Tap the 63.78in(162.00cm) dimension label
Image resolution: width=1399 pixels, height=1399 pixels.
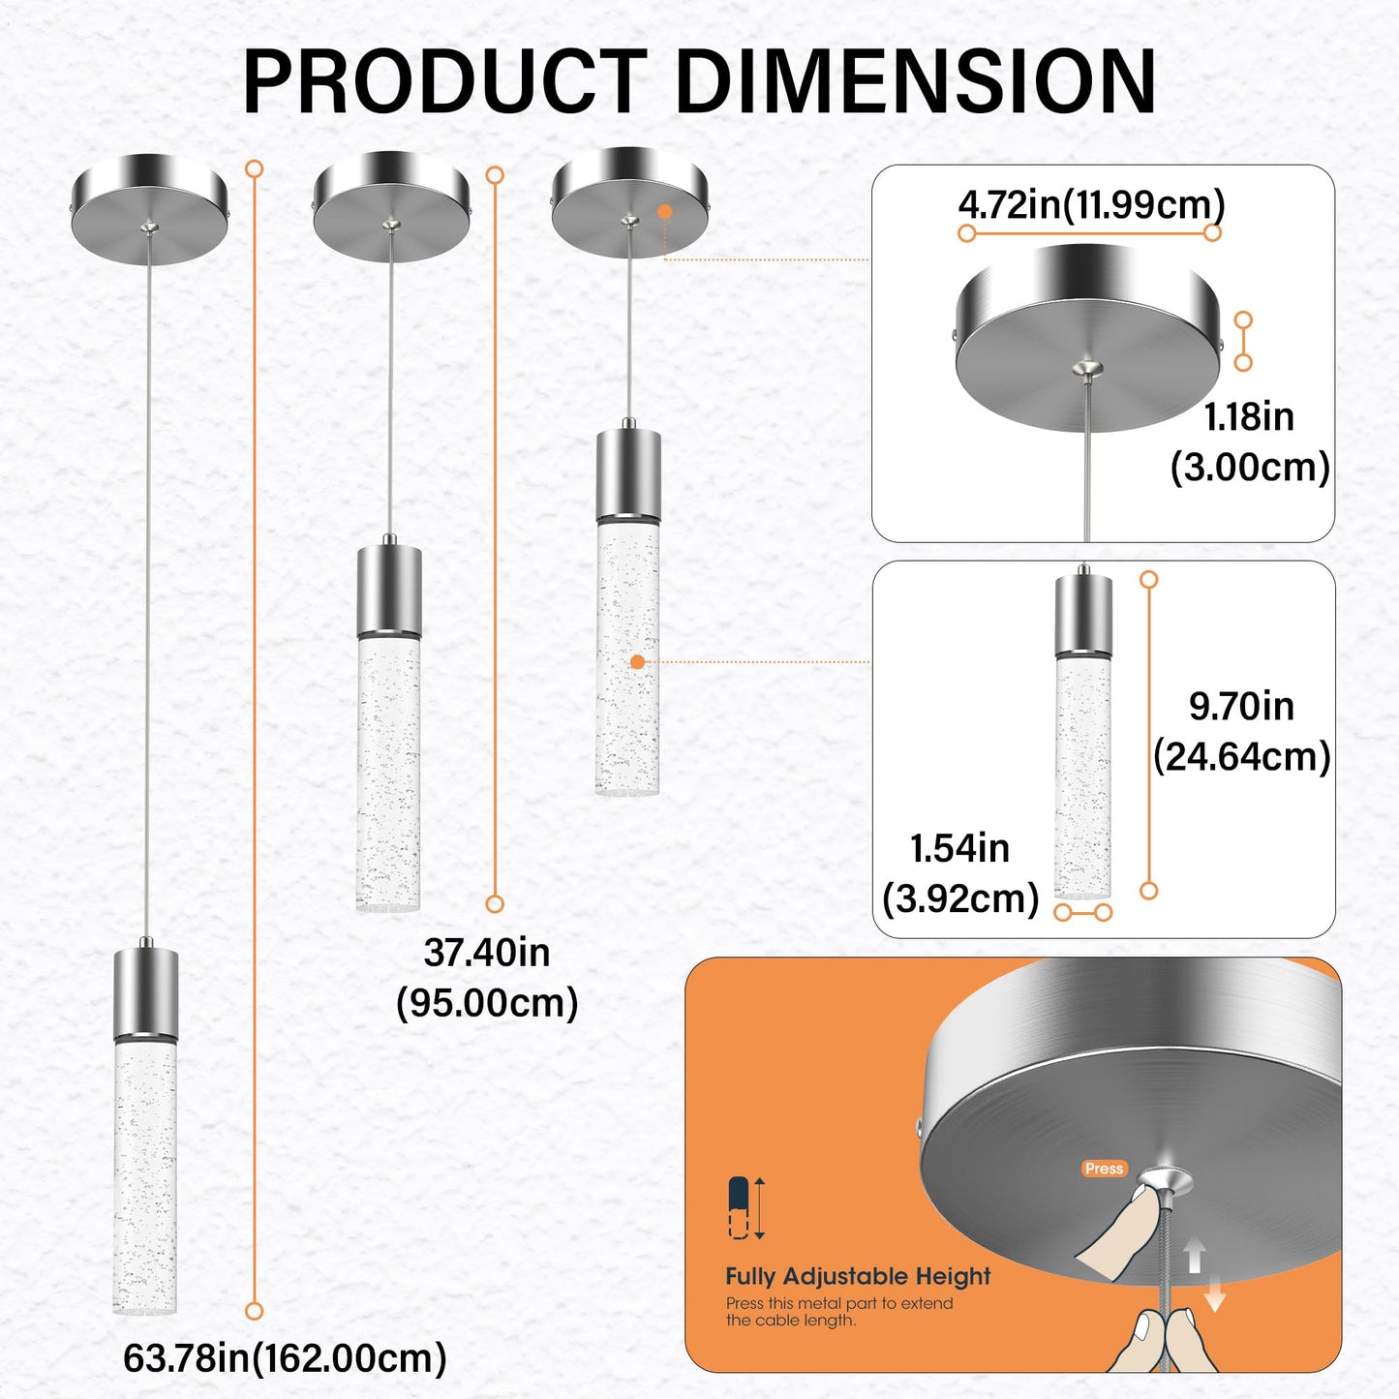(x=285, y=1357)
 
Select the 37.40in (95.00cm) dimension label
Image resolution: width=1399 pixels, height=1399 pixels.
(x=487, y=977)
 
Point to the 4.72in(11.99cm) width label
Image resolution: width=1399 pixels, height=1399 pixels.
(x=1091, y=205)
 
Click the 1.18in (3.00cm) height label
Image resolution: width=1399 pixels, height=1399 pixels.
(x=1249, y=441)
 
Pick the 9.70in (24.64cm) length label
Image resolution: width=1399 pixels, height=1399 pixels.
(x=1241, y=731)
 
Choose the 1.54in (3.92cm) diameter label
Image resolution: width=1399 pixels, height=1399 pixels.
(x=959, y=873)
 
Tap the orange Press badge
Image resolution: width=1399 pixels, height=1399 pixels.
(x=1104, y=1169)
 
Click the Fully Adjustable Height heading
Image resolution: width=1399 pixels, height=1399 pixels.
(x=858, y=1276)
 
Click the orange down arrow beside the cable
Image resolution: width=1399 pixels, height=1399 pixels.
(x=1215, y=1295)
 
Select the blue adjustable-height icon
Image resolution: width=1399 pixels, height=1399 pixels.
(x=739, y=1207)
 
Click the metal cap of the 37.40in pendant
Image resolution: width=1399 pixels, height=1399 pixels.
(x=389, y=590)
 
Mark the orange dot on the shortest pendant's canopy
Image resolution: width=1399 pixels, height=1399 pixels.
(x=664, y=211)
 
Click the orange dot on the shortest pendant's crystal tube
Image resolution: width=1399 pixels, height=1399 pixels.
(x=637, y=662)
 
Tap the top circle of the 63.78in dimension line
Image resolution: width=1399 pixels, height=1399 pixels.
(x=255, y=169)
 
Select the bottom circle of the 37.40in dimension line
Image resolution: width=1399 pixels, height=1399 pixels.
(x=495, y=903)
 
